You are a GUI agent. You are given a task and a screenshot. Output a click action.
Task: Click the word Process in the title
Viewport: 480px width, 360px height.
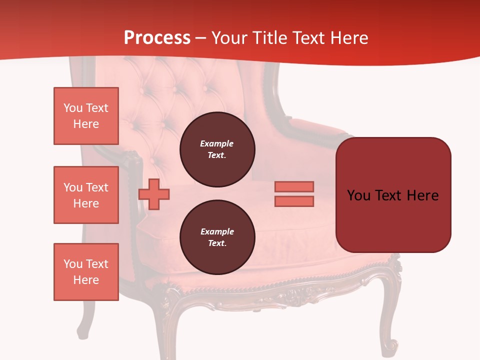tap(157, 38)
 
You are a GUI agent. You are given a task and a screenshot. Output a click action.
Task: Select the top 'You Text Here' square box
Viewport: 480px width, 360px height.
tap(86, 116)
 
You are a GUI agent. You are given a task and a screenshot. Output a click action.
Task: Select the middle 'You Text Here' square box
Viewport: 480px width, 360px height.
tap(86, 195)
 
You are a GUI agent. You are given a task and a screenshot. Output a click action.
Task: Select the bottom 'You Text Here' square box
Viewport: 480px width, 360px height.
tap(86, 272)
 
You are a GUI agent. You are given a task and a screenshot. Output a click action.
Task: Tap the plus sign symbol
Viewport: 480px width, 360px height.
tap(154, 194)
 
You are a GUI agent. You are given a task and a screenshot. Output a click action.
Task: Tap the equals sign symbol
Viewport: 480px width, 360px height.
tap(294, 194)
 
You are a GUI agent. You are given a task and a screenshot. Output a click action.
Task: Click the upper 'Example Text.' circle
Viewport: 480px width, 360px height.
tap(217, 149)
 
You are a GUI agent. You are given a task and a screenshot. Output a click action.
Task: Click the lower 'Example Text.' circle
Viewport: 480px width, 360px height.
tap(217, 237)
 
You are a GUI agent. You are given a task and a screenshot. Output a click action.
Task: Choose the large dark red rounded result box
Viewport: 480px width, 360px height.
tap(393, 195)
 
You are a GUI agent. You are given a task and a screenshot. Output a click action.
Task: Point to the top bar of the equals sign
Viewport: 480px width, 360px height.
tap(294, 186)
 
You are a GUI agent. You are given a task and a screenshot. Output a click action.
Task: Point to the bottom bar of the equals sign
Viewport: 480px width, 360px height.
tap(294, 201)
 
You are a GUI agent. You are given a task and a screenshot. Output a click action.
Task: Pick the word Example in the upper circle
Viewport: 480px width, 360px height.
tap(217, 143)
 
